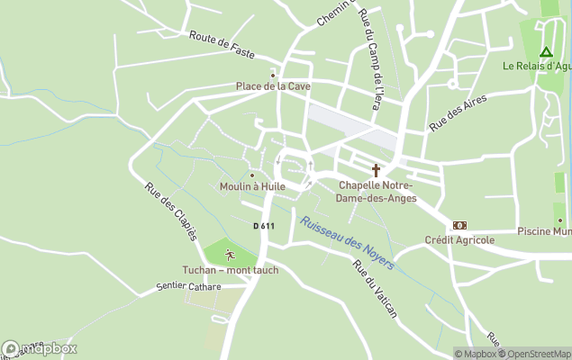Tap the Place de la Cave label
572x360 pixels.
point(273,86)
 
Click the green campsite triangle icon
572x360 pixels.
point(545,52)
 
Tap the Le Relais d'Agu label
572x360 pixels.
point(537,66)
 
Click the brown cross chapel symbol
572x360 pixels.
point(377,170)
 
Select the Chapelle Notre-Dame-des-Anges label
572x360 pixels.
point(377,192)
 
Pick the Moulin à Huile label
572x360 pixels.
point(252,186)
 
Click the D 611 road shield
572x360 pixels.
point(263,226)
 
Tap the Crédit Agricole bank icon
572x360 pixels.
point(460,226)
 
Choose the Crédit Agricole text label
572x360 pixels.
point(459,240)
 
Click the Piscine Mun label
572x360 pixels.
point(544,231)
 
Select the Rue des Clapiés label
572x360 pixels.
point(171,211)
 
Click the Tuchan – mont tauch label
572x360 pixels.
point(231,270)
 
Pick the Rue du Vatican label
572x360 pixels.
point(375,288)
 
